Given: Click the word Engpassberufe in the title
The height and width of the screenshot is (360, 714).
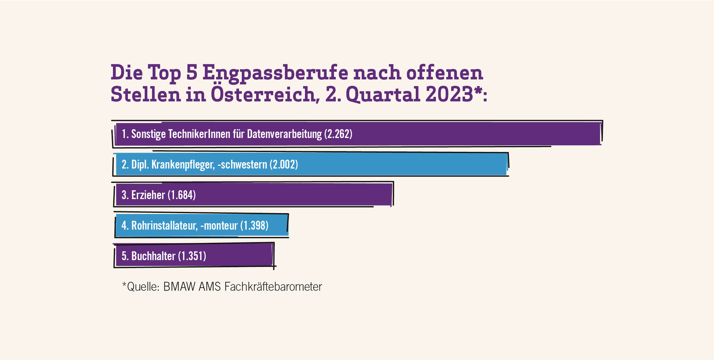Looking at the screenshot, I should pyautogui.click(x=275, y=73).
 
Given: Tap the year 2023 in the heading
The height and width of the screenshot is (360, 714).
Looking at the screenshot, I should pyautogui.click(x=449, y=94).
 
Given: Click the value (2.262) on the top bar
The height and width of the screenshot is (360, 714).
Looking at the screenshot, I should pyautogui.click(x=338, y=134).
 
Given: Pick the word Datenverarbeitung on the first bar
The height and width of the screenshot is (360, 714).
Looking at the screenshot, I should pyautogui.click(x=284, y=134).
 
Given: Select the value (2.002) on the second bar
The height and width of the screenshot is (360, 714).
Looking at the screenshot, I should pyautogui.click(x=284, y=164).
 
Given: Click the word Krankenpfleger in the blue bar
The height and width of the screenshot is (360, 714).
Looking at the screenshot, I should pyautogui.click(x=183, y=165).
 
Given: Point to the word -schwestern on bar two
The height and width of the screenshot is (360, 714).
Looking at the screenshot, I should pyautogui.click(x=242, y=164).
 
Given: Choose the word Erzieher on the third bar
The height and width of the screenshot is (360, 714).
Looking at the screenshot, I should pyautogui.click(x=148, y=195).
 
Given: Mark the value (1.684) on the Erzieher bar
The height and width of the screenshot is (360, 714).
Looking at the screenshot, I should pyautogui.click(x=181, y=195).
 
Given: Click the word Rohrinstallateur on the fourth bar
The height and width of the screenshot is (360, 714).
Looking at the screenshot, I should pyautogui.click(x=164, y=225).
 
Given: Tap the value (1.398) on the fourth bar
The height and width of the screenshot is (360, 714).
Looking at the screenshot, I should pyautogui.click(x=254, y=225).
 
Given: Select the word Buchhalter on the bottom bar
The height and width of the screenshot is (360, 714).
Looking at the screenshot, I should pyautogui.click(x=153, y=256).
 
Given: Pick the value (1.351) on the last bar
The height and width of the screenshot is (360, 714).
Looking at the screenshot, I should pyautogui.click(x=192, y=256).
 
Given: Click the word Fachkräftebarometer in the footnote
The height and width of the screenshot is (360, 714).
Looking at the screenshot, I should pyautogui.click(x=273, y=287).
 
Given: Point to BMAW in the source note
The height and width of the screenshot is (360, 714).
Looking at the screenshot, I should pyautogui.click(x=179, y=287).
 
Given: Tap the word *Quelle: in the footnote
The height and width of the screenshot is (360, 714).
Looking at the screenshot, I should pyautogui.click(x=141, y=287).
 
